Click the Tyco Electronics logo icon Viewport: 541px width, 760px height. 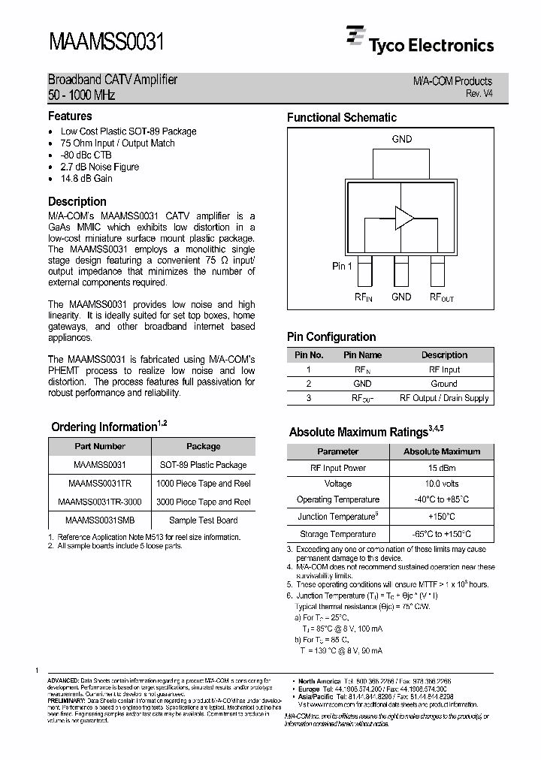pos(355,38)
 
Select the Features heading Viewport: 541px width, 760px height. pos(70,116)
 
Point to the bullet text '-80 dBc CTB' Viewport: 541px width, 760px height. pos(86,155)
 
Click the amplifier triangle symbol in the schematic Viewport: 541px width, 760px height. pos(404,218)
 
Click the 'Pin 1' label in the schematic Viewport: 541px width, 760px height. pos(342,267)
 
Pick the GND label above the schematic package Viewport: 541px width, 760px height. pos(402,139)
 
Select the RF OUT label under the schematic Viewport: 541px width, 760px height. pos(441,297)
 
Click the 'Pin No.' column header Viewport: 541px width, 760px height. pos(309,355)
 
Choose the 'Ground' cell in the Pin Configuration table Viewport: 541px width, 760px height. pos(443,384)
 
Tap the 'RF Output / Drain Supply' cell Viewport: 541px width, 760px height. pos(443,398)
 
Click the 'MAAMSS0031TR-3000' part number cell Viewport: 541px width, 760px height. pos(99,502)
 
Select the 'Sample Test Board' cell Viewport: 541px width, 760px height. pos(204,520)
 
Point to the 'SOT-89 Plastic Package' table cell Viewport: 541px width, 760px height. pos(204,465)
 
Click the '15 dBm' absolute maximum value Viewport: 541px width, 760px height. pos(441,468)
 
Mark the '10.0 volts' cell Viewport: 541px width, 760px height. pos(441,484)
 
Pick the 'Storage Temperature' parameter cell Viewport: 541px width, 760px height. pos(337,534)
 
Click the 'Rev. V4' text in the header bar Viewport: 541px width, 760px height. pos(479,94)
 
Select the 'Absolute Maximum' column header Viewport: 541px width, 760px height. pos(441,451)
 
